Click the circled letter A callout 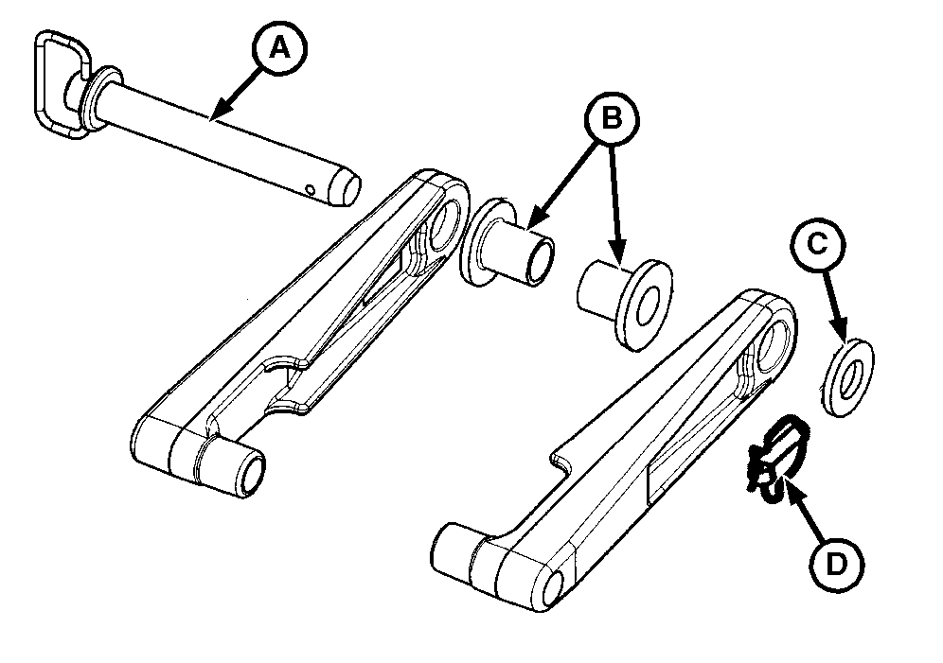pyautogui.click(x=279, y=48)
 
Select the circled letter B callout pyautogui.click(x=612, y=118)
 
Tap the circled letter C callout pyautogui.click(x=818, y=245)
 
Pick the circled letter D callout pyautogui.click(x=837, y=565)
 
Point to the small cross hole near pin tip pyautogui.click(x=310, y=190)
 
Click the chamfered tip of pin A pyautogui.click(x=346, y=188)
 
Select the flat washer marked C pyautogui.click(x=847, y=377)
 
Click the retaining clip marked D pyautogui.click(x=775, y=460)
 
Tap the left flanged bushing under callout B pyautogui.click(x=506, y=244)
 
